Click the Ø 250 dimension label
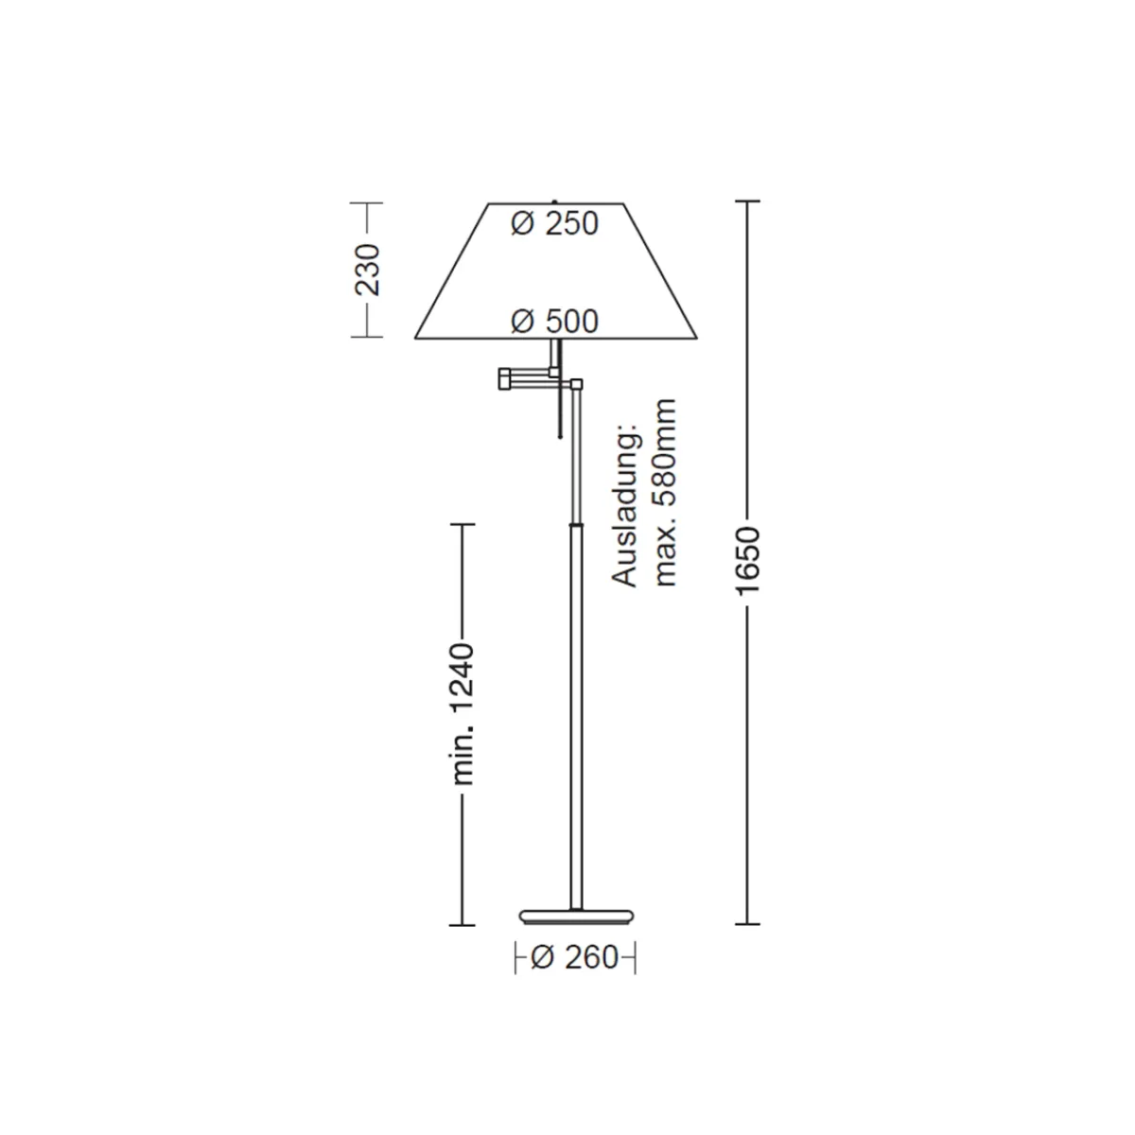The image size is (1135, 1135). point(555,224)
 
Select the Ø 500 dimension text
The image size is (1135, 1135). point(555,322)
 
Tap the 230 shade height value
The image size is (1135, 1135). point(368,270)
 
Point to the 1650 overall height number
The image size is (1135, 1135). point(748,560)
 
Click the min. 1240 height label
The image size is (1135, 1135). point(463,714)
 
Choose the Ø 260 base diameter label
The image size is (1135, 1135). point(575,957)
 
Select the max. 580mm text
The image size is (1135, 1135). point(666,493)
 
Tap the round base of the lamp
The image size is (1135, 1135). point(576,916)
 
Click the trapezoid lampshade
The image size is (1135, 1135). point(555,271)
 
